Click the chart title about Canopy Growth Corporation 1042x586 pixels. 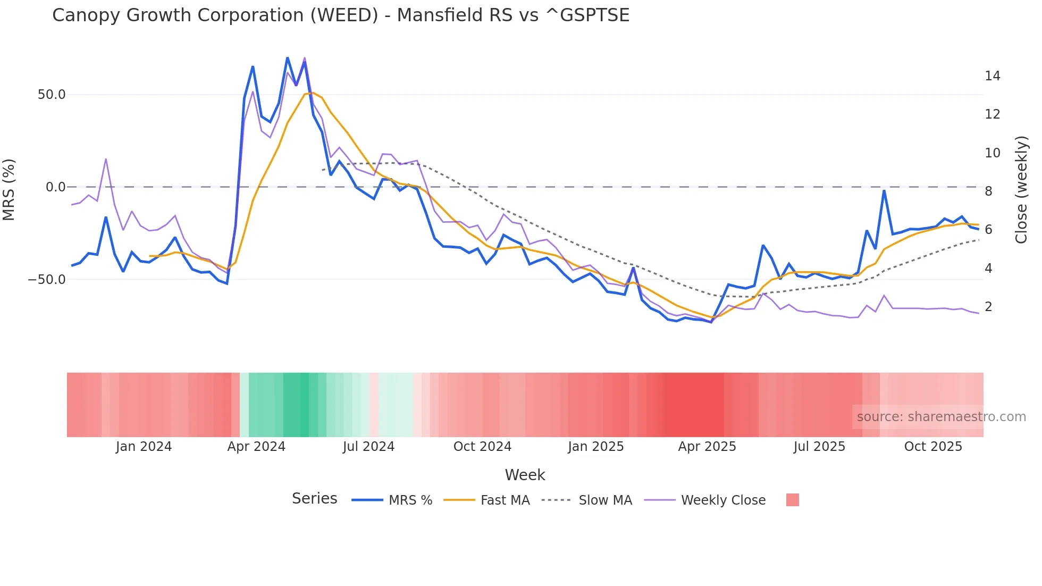coord(341,15)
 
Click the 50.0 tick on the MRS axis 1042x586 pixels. coord(52,95)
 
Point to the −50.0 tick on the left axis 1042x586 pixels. coord(47,279)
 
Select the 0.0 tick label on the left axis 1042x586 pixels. coord(56,187)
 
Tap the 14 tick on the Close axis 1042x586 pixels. coord(992,76)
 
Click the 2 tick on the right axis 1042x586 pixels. coord(988,307)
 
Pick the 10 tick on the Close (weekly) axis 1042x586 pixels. coord(992,153)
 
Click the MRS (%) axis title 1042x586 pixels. coord(9,189)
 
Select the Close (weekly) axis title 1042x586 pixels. coord(1021,190)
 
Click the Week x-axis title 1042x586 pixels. coord(525,475)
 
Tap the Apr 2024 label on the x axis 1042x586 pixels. coord(256,447)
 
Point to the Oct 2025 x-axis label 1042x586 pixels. coord(933,447)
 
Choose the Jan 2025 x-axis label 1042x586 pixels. coord(595,447)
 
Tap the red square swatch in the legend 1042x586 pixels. coord(792,500)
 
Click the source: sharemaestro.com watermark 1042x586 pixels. coord(941,417)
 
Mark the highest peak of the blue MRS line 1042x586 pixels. coord(287,57)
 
